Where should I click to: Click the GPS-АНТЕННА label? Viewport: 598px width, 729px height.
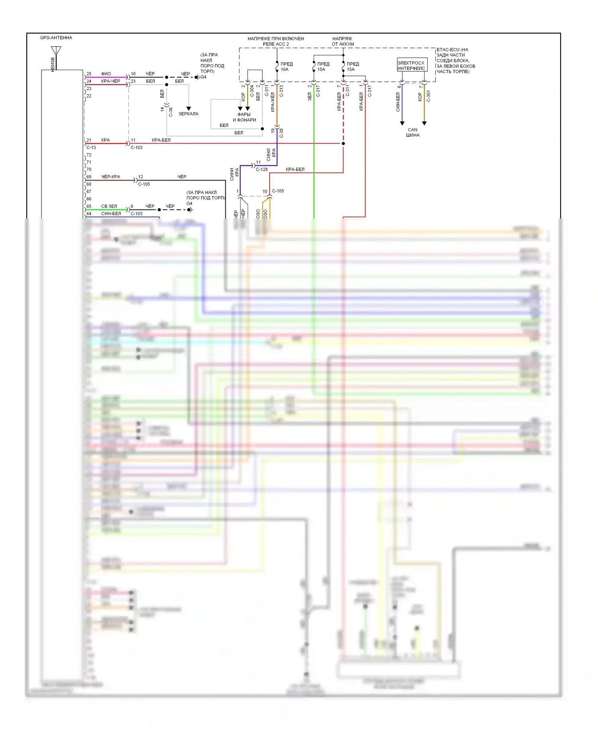[56, 38]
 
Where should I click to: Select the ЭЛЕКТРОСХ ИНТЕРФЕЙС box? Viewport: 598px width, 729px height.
[411, 65]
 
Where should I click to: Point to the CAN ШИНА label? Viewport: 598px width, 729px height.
[413, 132]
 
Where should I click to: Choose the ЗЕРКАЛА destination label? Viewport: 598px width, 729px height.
[188, 114]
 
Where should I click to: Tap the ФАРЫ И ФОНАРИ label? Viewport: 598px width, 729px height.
[244, 117]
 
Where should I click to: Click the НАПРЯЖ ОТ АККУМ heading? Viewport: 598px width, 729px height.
[342, 41]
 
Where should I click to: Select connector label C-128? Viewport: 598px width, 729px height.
[262, 169]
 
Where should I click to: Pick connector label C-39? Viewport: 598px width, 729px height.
[281, 133]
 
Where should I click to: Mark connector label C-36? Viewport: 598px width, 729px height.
[171, 112]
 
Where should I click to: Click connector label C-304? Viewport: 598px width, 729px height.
[252, 91]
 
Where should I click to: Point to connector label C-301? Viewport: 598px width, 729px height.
[429, 96]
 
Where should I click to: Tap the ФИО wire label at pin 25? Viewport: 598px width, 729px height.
[106, 74]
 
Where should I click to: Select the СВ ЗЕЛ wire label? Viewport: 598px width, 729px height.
[109, 206]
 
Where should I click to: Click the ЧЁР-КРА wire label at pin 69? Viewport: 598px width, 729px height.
[110, 177]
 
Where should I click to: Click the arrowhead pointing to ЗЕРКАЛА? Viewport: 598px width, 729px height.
[189, 108]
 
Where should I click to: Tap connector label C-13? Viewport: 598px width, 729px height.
[91, 148]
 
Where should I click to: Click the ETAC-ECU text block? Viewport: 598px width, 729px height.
[456, 61]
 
